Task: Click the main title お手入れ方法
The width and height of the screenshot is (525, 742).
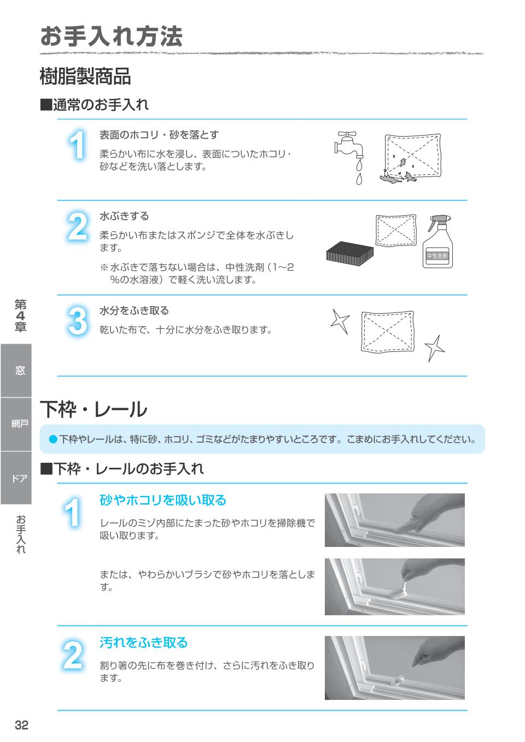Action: [x=111, y=37]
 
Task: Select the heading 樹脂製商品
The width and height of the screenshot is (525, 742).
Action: [x=85, y=76]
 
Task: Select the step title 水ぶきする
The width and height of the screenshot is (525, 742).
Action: [x=124, y=216]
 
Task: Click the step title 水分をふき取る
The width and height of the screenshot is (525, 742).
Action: [x=134, y=310]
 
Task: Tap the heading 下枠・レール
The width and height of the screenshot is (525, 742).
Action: [x=94, y=409]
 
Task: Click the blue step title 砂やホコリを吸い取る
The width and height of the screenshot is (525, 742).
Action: [x=163, y=500]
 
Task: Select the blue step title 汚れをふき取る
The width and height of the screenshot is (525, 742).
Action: [x=144, y=643]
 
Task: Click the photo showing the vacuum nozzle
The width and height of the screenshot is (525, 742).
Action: [x=394, y=520]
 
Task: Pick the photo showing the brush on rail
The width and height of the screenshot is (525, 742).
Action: [x=394, y=586]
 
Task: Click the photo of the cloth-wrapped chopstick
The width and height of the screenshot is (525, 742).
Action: [x=394, y=668]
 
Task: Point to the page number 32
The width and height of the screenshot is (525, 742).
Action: [x=21, y=725]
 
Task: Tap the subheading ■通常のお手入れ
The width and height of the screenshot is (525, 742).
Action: [x=95, y=105]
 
